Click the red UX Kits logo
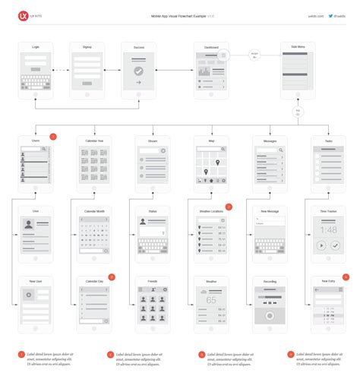(23, 14)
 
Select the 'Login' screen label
(36, 47)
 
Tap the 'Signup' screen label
(87, 47)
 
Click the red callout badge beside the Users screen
(53, 137)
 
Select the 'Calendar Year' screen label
(94, 141)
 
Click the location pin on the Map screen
(216, 163)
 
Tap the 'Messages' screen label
(270, 141)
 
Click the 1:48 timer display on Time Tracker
(329, 230)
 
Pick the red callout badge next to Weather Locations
(229, 207)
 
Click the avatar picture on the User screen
(29, 224)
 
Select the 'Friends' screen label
(153, 281)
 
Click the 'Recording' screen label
(270, 281)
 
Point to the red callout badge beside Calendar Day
(112, 276)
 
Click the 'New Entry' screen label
(329, 281)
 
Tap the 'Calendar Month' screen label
(94, 211)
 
